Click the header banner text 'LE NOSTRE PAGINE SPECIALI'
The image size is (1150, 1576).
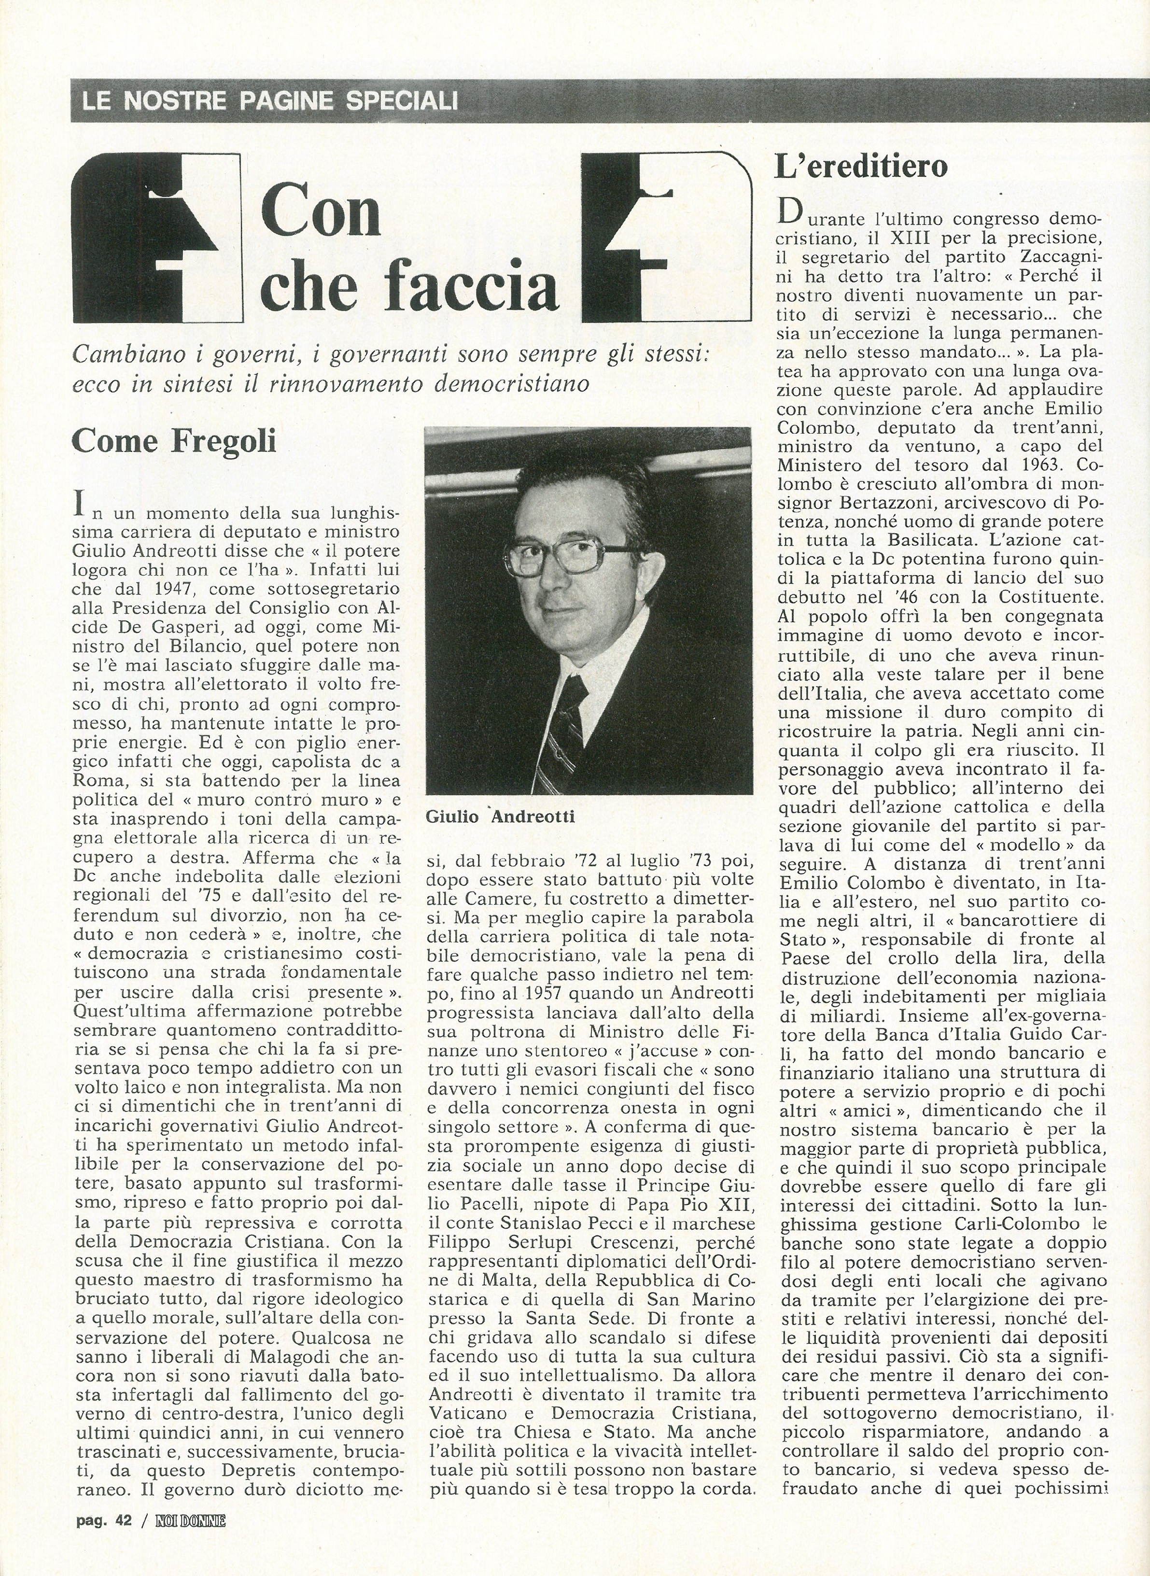[270, 101]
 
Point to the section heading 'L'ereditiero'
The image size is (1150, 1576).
[861, 167]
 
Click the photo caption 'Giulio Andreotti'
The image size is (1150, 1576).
[500, 816]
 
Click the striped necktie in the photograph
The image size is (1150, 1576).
[564, 731]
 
